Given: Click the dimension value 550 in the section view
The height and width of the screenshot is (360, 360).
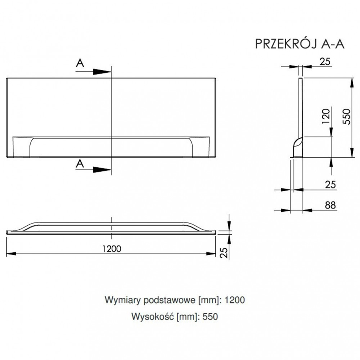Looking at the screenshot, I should pyautogui.click(x=346, y=116).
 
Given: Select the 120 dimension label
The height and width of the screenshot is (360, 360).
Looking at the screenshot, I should pyautogui.click(x=326, y=116).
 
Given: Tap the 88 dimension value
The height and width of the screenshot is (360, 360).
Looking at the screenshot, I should pyautogui.click(x=329, y=205).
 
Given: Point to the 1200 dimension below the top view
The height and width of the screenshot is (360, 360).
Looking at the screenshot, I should pyautogui.click(x=111, y=248).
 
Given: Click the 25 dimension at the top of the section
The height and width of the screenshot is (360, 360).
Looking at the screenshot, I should pyautogui.click(x=325, y=62).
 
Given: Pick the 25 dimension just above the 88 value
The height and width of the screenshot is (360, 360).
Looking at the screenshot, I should pyautogui.click(x=330, y=185).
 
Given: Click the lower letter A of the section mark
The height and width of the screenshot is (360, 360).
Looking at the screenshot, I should pyautogui.click(x=80, y=164).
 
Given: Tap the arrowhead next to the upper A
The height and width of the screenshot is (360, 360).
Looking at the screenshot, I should pyautogui.click(x=102, y=71).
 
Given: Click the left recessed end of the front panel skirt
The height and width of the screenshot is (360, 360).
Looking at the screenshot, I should pyautogui.click(x=22, y=147).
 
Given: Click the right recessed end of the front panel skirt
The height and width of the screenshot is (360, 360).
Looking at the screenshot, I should pyautogui.click(x=201, y=147).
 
